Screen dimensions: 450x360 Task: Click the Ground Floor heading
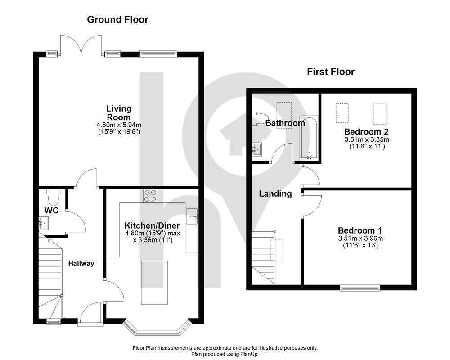[x=117, y=19]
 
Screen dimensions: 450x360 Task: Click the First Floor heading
[x=331, y=72]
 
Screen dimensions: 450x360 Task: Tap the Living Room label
[x=119, y=113]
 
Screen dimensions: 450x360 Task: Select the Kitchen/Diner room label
[x=152, y=225]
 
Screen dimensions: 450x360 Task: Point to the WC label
[x=51, y=211]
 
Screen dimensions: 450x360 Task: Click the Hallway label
[x=81, y=263]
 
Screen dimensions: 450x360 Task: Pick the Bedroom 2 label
[x=366, y=132]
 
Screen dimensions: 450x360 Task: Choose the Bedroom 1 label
[x=360, y=230]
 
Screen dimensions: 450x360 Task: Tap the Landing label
[x=275, y=194]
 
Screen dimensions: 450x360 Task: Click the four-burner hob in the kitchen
[x=150, y=196]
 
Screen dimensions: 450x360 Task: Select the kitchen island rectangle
[x=154, y=283]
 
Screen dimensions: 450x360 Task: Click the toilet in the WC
[x=54, y=196]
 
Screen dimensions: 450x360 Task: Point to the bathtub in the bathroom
[x=309, y=138]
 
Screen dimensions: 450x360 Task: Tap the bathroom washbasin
[x=257, y=149]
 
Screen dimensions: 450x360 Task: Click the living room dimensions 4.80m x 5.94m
[x=119, y=125]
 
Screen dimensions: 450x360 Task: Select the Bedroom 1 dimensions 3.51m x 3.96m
[x=360, y=238]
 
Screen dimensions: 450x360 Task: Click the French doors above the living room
[x=81, y=45]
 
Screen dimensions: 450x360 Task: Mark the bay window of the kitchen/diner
[x=157, y=327]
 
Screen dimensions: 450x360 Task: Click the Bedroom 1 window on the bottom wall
[x=360, y=288]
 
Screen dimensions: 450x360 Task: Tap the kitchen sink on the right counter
[x=192, y=216]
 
